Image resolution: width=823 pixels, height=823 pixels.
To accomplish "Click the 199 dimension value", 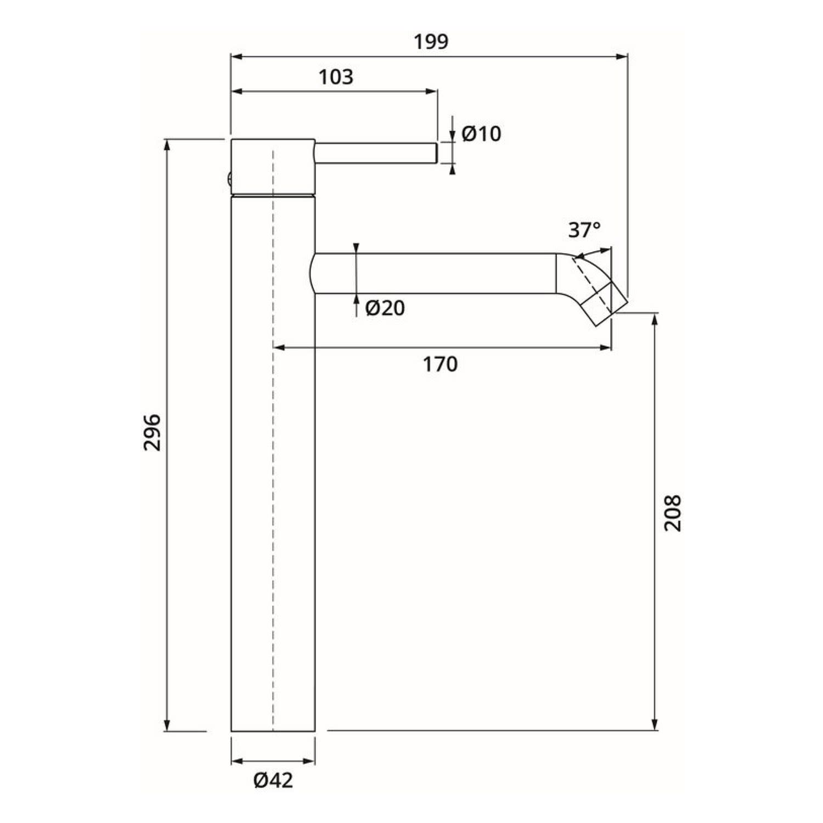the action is click(x=431, y=42).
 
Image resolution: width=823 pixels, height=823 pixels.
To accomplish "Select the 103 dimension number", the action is click(x=336, y=77).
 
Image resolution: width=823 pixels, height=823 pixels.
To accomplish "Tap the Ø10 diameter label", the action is click(x=481, y=134).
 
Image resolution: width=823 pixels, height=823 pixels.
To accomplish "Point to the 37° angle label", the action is click(x=584, y=230).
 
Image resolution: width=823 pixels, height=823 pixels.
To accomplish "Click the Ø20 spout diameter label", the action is click(x=385, y=308).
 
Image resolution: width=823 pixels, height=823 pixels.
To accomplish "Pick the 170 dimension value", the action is click(x=440, y=364).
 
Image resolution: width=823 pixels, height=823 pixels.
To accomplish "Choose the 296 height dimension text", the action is click(x=152, y=433).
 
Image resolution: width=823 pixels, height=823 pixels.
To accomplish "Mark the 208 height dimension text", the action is click(x=673, y=513).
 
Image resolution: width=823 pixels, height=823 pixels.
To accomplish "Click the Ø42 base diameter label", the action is click(x=273, y=780).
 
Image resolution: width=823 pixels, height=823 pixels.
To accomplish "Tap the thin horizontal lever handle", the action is click(x=376, y=153).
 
